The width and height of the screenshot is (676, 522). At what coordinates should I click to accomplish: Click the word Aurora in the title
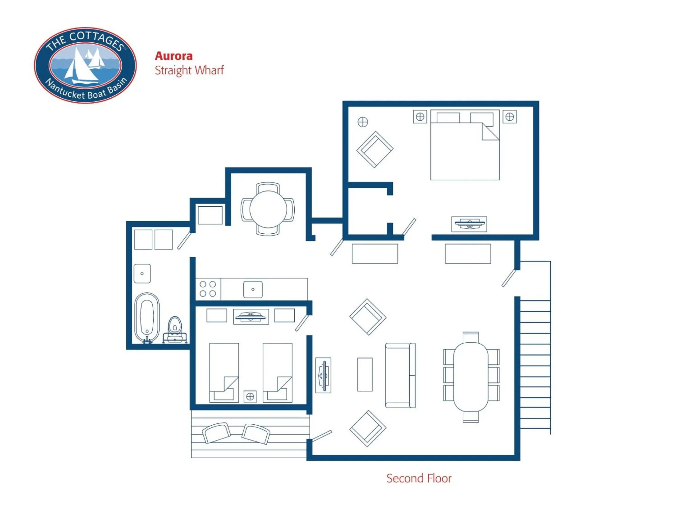pyautogui.click(x=174, y=56)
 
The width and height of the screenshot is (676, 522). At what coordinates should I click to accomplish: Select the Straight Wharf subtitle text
pyautogui.click(x=189, y=70)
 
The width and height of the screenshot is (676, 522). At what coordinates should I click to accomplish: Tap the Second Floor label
pyautogui.click(x=419, y=478)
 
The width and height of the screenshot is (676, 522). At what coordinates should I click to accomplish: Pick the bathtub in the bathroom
pyautogui.click(x=147, y=317)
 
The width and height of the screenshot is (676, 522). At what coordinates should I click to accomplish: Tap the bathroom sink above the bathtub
pyautogui.click(x=142, y=273)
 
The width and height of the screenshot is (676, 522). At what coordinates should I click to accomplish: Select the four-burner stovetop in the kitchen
pyautogui.click(x=208, y=289)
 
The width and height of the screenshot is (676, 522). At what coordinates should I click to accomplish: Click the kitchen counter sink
pyautogui.click(x=253, y=290)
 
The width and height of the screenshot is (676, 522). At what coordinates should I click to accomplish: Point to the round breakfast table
pyautogui.click(x=268, y=209)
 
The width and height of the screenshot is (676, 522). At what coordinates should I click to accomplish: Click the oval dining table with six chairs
pyautogui.click(x=470, y=377)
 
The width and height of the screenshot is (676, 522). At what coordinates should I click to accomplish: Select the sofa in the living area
pyautogui.click(x=399, y=375)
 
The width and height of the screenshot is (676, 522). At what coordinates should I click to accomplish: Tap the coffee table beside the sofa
pyautogui.click(x=365, y=375)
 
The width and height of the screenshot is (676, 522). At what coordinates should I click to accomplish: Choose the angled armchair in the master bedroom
pyautogui.click(x=375, y=150)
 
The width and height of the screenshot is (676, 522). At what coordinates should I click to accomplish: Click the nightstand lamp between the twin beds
pyautogui.click(x=250, y=396)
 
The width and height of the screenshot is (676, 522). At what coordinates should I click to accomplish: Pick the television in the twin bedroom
pyautogui.click(x=251, y=317)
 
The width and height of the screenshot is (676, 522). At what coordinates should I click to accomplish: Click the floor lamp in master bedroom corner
pyautogui.click(x=363, y=122)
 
